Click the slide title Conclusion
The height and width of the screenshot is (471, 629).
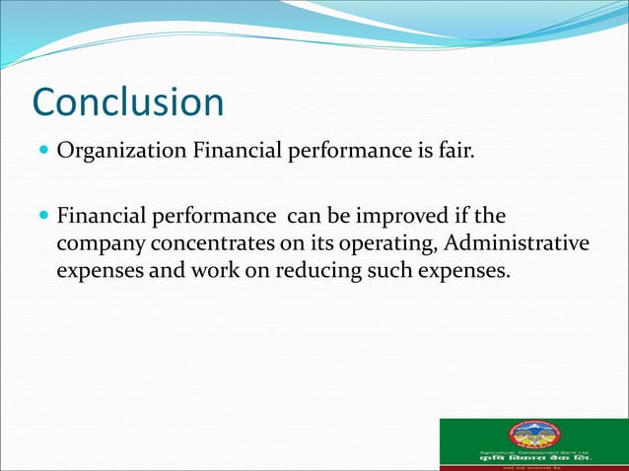tap(128, 102)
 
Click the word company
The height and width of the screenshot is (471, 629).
tap(99, 242)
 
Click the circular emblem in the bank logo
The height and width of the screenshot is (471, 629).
tap(533, 435)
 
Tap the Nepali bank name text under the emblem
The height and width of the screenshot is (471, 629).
tap(533, 459)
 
